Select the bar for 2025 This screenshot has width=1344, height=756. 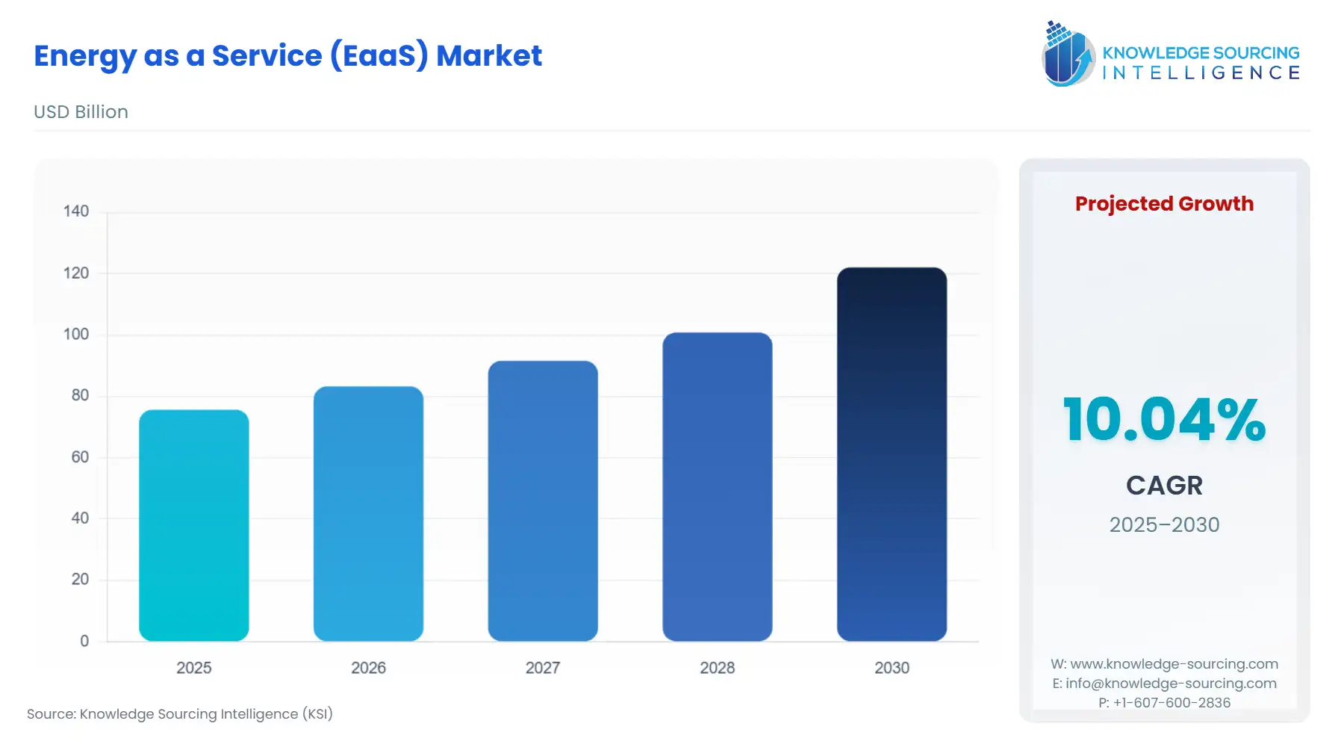tap(194, 525)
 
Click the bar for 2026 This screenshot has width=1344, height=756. tap(368, 513)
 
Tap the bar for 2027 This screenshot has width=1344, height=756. tap(543, 501)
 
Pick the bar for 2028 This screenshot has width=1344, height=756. tap(718, 486)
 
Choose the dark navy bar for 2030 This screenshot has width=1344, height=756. tap(892, 454)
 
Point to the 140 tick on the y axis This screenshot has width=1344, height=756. tap(76, 211)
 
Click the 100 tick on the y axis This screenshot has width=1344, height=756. tap(76, 334)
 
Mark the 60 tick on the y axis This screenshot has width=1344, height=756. tap(80, 456)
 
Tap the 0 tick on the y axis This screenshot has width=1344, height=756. tap(84, 641)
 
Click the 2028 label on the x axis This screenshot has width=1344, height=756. tap(718, 668)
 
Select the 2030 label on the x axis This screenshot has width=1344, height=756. tap(892, 668)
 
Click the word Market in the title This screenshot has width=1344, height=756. tap(489, 56)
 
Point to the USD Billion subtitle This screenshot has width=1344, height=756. tap(81, 112)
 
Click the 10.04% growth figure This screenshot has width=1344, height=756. tap(1164, 420)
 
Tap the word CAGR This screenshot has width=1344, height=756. tap(1164, 486)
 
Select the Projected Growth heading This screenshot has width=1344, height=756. tap(1164, 204)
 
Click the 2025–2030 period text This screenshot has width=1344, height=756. tap(1164, 524)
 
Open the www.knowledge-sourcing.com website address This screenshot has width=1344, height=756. tap(1174, 664)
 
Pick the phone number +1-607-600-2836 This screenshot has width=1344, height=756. tap(1172, 703)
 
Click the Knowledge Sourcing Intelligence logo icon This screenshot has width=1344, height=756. tap(1068, 54)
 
